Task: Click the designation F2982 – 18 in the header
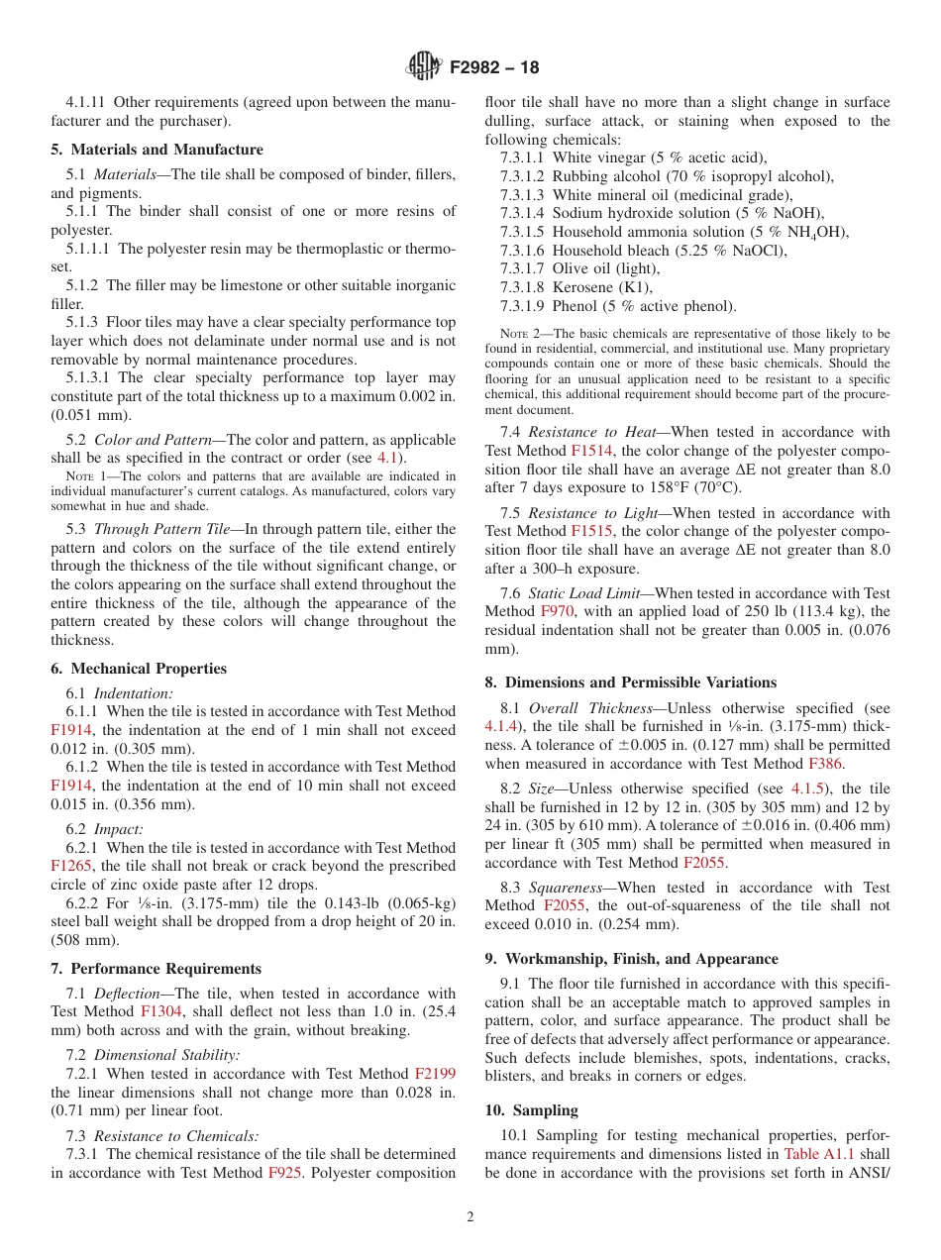point(494,68)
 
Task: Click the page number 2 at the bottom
point(470,1217)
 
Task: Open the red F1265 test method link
point(70,866)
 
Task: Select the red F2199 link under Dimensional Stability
point(435,1074)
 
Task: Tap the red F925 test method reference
point(284,1173)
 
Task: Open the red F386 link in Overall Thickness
point(826,764)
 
